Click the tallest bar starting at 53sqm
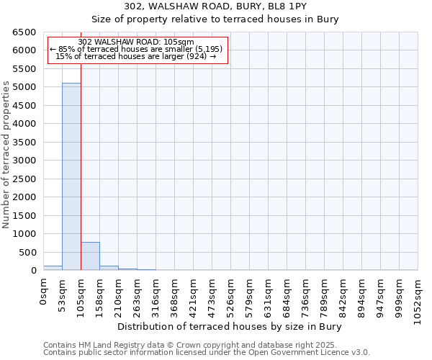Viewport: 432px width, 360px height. click(71, 176)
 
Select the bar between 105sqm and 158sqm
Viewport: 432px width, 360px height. click(90, 256)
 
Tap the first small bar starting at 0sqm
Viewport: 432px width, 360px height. click(53, 268)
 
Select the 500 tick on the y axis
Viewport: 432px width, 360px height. click(28, 253)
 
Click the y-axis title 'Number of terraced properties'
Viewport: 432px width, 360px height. click(7, 155)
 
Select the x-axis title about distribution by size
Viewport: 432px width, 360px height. click(229, 327)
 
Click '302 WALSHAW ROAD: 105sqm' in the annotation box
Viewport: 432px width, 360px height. click(136, 42)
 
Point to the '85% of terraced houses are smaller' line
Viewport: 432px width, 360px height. click(136, 49)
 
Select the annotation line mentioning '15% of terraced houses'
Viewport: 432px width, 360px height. click(136, 56)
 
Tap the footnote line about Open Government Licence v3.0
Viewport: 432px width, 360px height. click(206, 353)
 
